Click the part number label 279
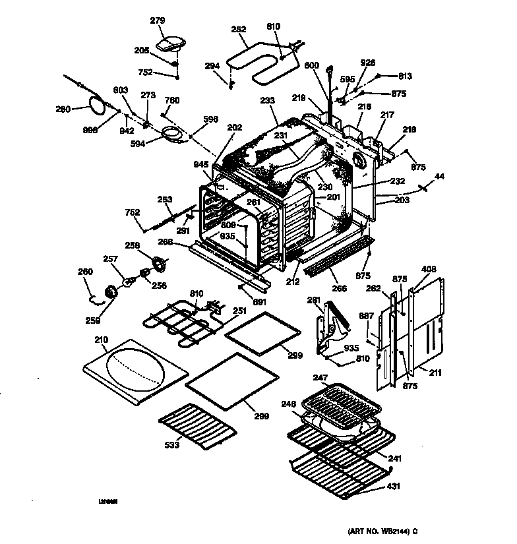pos(158,21)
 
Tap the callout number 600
pos(311,65)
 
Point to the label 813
pos(404,76)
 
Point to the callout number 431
pos(392,487)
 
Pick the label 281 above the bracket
pos(315,301)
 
